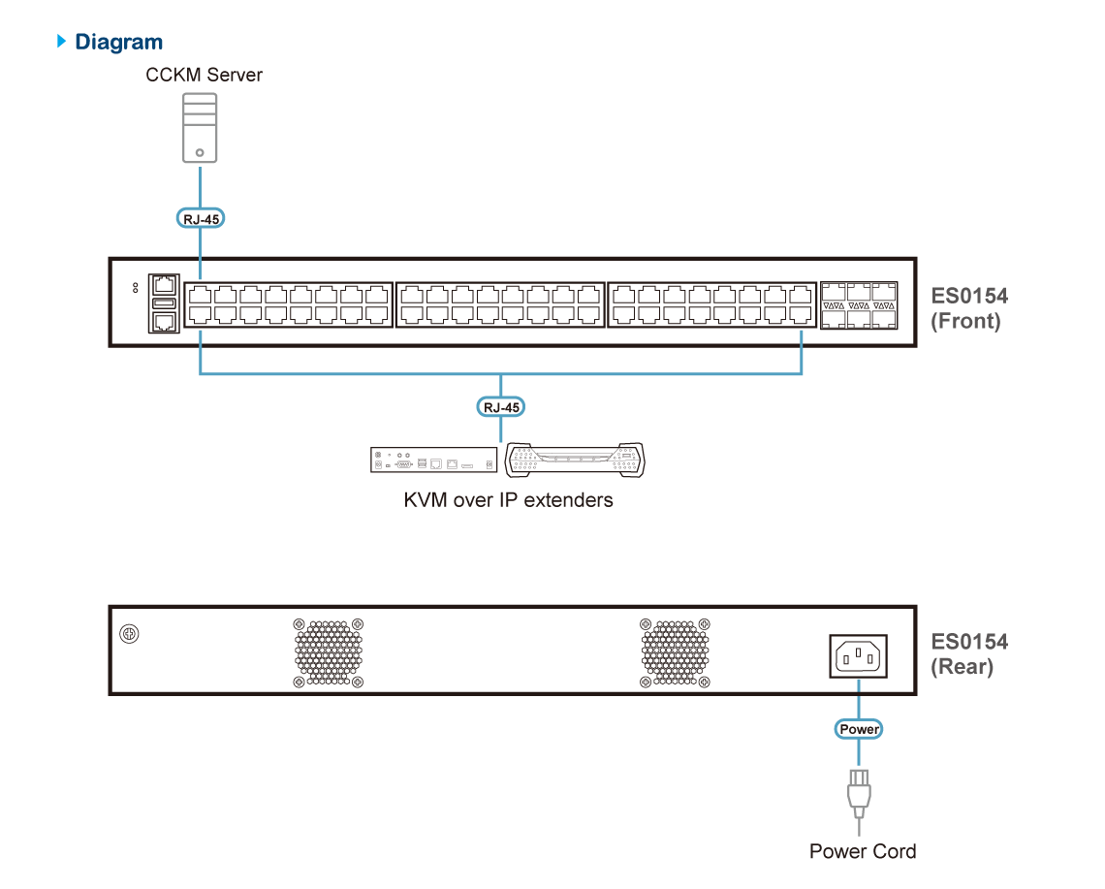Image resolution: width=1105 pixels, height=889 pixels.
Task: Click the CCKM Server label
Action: (204, 75)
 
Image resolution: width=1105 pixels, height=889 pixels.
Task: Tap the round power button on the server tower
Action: (199, 152)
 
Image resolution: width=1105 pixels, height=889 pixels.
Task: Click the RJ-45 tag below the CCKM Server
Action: (201, 219)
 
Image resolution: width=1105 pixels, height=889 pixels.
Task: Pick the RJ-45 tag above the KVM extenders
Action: (500, 407)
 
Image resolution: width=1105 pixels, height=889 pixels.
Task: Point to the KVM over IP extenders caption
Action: (508, 500)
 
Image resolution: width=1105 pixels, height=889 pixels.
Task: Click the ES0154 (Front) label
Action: (968, 308)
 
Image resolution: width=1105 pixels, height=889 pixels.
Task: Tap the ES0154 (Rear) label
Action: (968, 653)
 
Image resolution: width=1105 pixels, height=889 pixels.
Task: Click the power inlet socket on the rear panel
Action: (858, 655)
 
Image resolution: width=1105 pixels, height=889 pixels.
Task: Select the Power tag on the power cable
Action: (859, 729)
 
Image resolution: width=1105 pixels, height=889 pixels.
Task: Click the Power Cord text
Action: (862, 850)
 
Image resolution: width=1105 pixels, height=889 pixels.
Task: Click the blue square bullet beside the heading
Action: (63, 41)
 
